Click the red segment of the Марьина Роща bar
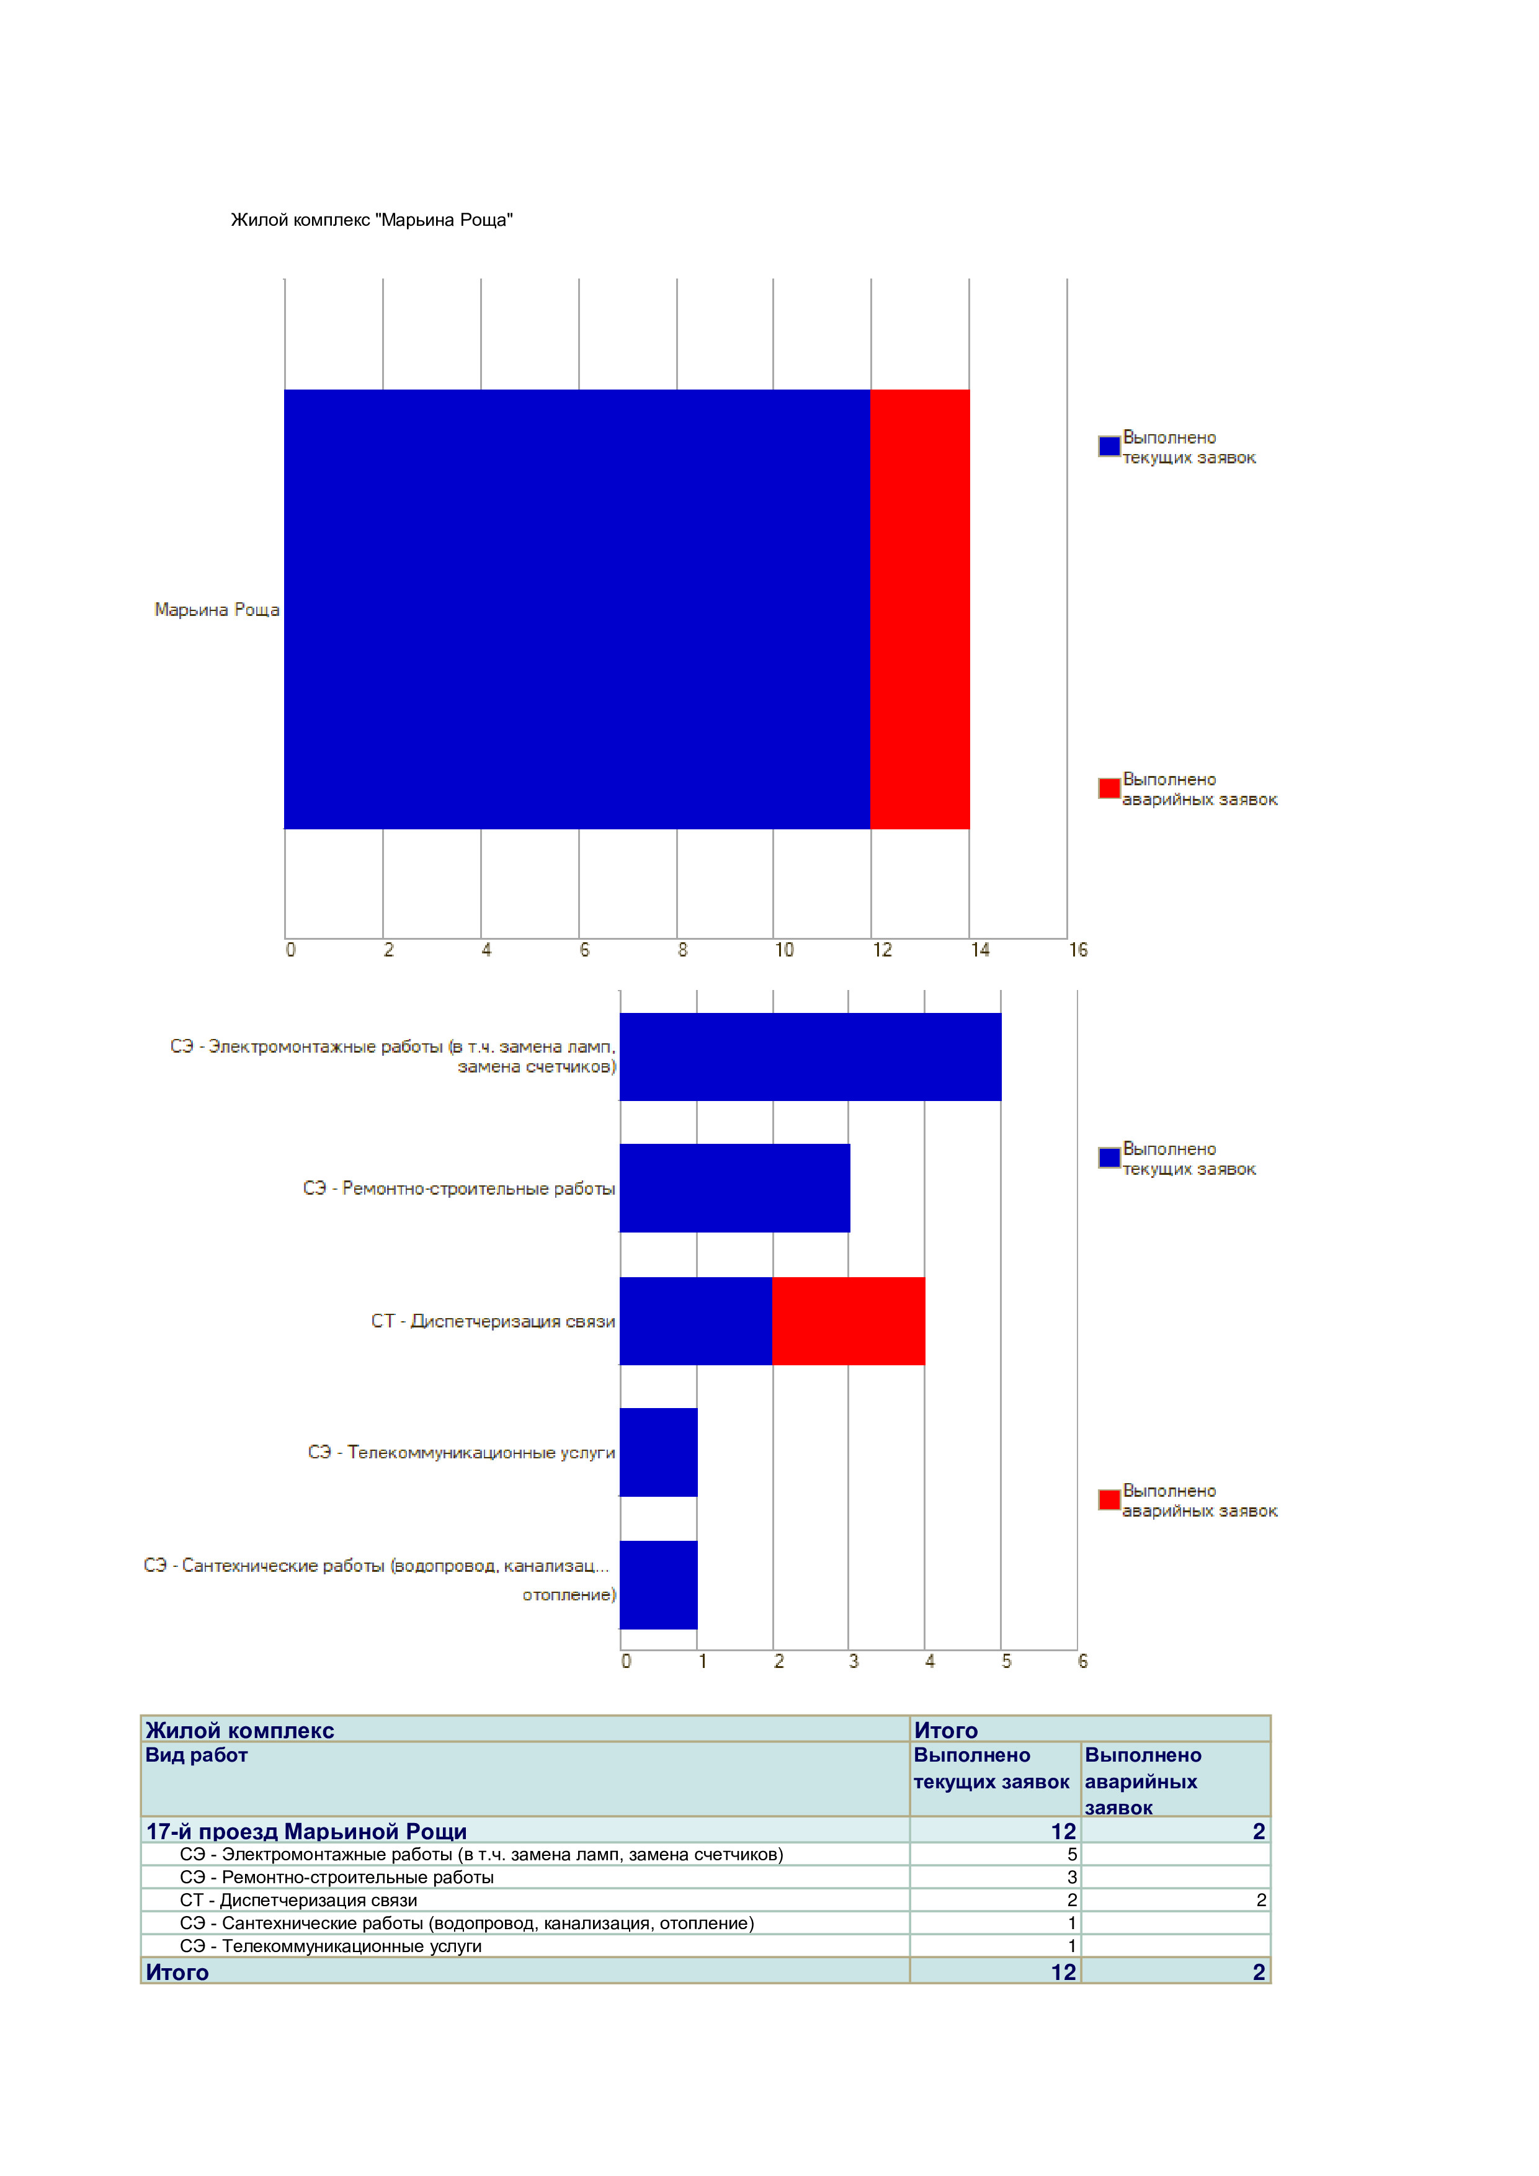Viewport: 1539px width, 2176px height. pos(919,609)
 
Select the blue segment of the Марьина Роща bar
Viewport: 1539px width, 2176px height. pos(577,609)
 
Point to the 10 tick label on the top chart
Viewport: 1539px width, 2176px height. pos(783,950)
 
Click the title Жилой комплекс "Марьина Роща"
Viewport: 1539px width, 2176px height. pos(372,220)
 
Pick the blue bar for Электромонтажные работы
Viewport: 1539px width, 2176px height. pos(810,1057)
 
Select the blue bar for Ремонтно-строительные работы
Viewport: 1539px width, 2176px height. pos(734,1188)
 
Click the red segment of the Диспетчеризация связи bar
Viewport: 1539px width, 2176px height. pos(848,1321)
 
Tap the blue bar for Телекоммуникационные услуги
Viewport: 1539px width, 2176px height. pos(659,1452)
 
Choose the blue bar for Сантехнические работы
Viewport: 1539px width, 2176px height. pos(659,1585)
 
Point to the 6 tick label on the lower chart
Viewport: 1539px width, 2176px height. pos(1082,1661)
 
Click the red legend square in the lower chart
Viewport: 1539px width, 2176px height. pos(1109,1499)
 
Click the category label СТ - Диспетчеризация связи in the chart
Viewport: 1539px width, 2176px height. pos(493,1321)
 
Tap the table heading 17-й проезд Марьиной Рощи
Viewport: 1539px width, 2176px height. pos(306,1831)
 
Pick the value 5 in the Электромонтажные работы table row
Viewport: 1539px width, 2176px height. pos(1072,1855)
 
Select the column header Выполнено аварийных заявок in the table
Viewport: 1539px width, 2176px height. pos(1143,1781)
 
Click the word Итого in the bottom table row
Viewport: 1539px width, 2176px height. pos(177,1973)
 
